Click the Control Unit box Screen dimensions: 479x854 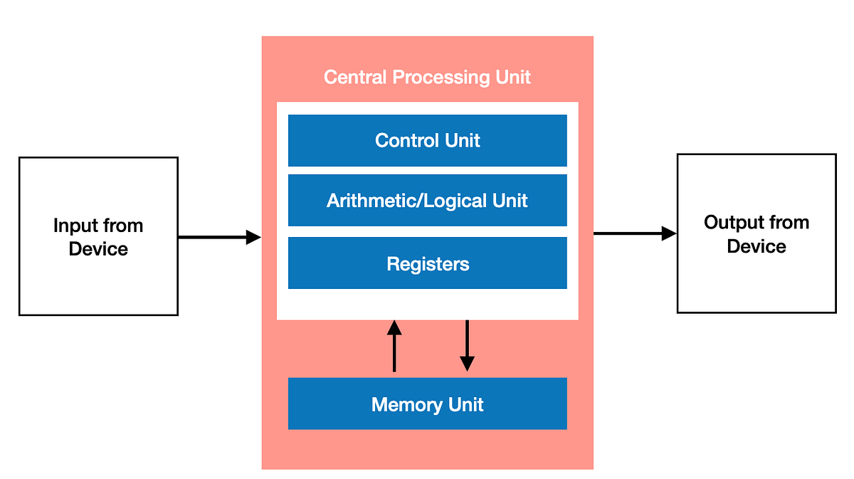coord(427,140)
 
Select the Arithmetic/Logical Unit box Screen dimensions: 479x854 coord(427,200)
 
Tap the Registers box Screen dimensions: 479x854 coord(427,263)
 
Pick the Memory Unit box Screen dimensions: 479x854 coord(427,404)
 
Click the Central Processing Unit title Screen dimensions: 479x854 coord(427,77)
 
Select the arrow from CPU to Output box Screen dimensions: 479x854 coord(634,233)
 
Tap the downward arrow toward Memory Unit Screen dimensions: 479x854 coord(467,346)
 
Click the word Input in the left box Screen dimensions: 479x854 coord(77,226)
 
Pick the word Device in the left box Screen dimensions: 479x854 coord(98,249)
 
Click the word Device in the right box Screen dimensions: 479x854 coord(757,246)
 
